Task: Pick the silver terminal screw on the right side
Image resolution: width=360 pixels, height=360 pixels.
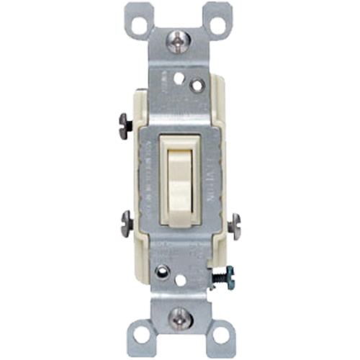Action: click(x=234, y=225)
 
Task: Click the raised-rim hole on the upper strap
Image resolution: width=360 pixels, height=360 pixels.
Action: click(x=195, y=85)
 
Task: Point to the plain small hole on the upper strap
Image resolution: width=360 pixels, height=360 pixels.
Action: click(x=177, y=76)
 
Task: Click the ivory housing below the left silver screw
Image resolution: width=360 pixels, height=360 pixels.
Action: click(x=138, y=248)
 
